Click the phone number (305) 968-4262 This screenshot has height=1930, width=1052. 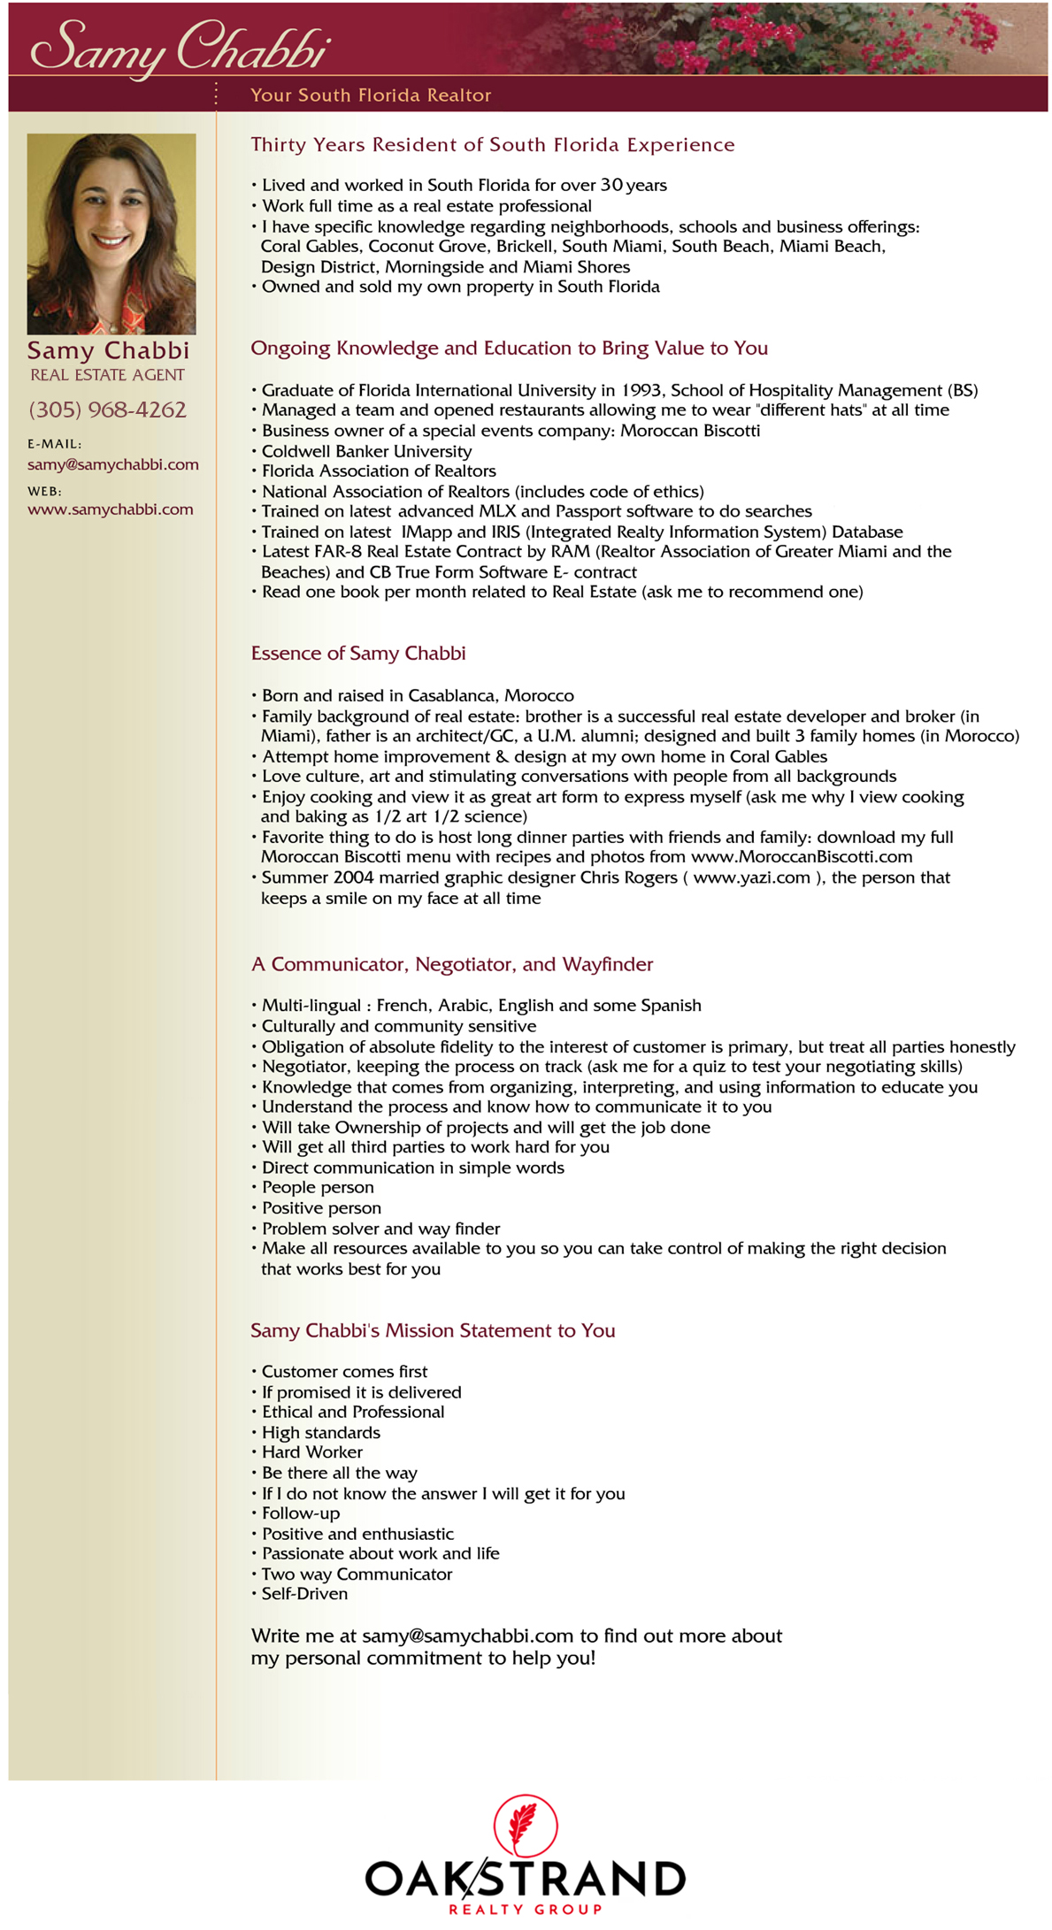tap(107, 410)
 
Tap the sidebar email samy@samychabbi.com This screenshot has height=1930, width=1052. tap(112, 464)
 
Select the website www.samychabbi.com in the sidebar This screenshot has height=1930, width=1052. tap(110, 509)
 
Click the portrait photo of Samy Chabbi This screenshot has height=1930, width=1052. tap(111, 234)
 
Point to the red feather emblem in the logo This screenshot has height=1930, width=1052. tap(526, 1823)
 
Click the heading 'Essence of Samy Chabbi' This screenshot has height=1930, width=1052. tap(357, 654)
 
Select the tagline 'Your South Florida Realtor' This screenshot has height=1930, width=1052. tap(370, 95)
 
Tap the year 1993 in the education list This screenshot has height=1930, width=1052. tap(641, 390)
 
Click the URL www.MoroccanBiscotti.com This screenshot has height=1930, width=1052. tap(801, 856)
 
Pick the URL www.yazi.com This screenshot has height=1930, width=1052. tap(751, 877)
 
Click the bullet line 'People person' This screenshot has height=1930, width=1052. tap(318, 1187)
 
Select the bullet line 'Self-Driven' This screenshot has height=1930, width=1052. tap(304, 1594)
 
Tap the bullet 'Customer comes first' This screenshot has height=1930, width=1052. tap(344, 1371)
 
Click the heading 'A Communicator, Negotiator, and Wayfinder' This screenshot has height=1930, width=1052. tap(451, 964)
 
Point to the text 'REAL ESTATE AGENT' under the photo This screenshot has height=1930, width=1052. tap(107, 375)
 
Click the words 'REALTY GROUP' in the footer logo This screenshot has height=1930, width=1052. tap(525, 1909)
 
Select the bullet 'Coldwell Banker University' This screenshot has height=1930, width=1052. tap(366, 451)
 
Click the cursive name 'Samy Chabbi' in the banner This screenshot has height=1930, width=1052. tap(180, 46)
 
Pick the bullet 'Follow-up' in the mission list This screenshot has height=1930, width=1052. tap(300, 1513)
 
